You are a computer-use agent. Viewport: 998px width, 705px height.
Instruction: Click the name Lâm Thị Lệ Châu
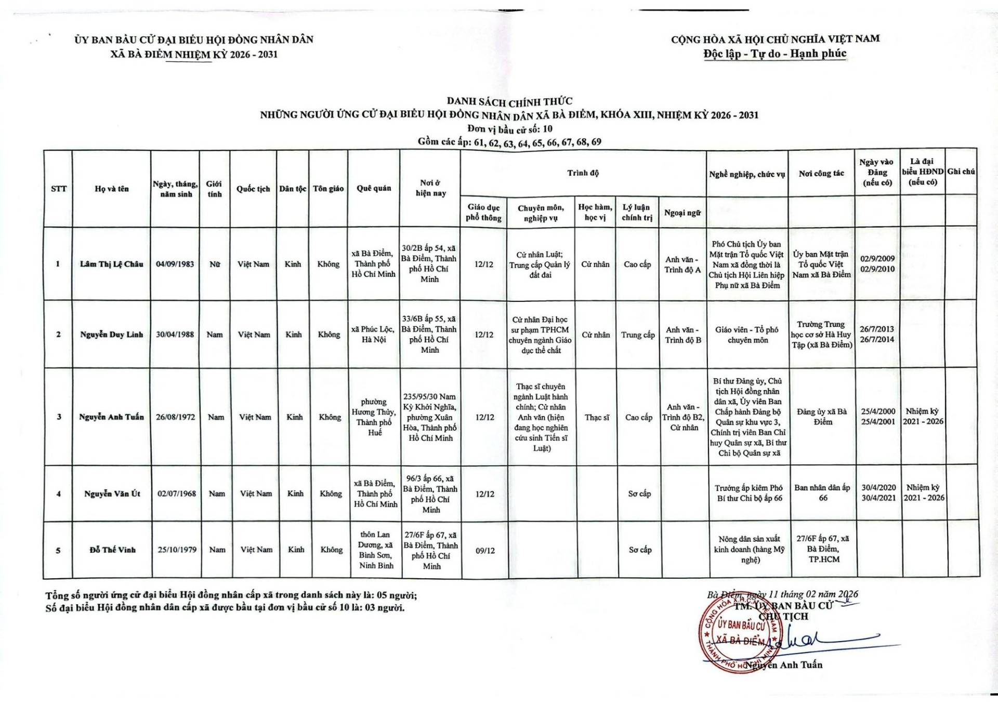click(111, 264)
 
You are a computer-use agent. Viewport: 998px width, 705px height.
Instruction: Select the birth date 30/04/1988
click(175, 335)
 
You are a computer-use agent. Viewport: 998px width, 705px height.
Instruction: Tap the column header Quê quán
click(374, 188)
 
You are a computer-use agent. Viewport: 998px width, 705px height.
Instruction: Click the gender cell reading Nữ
click(215, 264)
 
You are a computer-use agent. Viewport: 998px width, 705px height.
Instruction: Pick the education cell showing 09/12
click(485, 550)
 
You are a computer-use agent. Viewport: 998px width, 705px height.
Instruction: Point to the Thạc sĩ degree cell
click(596, 417)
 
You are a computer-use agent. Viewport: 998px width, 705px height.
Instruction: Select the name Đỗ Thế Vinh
click(112, 550)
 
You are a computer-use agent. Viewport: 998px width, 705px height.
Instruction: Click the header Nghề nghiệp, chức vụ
click(747, 174)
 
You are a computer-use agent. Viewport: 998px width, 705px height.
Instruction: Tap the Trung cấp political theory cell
click(638, 335)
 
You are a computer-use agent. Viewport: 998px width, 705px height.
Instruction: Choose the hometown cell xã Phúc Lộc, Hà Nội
click(373, 335)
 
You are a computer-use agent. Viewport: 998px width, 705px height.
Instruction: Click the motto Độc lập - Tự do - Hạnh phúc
click(774, 54)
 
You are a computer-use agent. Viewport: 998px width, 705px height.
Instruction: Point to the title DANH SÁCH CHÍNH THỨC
click(509, 101)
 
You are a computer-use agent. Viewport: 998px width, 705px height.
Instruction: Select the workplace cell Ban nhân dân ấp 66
click(822, 493)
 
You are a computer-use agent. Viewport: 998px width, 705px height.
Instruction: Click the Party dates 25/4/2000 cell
click(878, 417)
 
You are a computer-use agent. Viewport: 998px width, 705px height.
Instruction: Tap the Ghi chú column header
click(961, 171)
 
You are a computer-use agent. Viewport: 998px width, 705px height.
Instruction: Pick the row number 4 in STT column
click(58, 494)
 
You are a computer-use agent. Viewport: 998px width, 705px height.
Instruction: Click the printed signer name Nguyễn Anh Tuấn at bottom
click(786, 664)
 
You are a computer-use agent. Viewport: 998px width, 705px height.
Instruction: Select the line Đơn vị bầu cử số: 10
click(509, 129)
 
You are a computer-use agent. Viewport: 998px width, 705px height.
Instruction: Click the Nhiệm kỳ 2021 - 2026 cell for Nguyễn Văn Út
click(924, 493)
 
